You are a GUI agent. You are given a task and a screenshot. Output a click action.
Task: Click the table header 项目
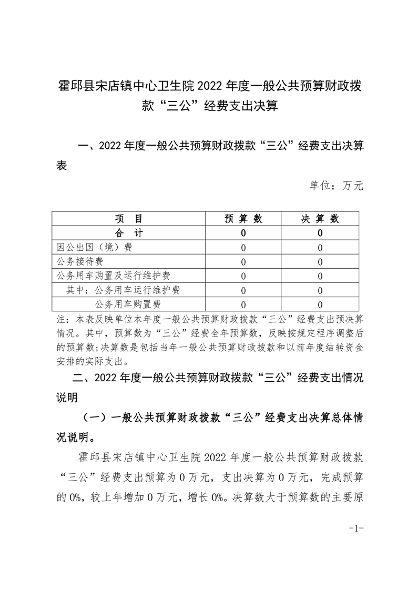[128, 219]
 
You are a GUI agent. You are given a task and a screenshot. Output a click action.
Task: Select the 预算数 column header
[243, 219]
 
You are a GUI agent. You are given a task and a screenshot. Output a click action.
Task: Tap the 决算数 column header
[320, 219]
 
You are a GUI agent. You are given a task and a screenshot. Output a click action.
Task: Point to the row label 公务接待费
[80, 261]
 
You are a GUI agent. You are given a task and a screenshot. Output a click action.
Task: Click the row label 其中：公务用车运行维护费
[124, 290]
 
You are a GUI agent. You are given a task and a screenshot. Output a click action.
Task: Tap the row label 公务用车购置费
[128, 304]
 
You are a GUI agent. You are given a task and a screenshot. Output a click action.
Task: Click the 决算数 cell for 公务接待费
[320, 261]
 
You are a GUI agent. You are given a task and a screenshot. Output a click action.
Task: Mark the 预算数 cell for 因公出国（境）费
[243, 247]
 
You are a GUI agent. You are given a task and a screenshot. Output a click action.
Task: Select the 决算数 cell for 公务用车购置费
[320, 304]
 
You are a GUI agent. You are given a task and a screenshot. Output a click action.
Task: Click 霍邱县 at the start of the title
[74, 86]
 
